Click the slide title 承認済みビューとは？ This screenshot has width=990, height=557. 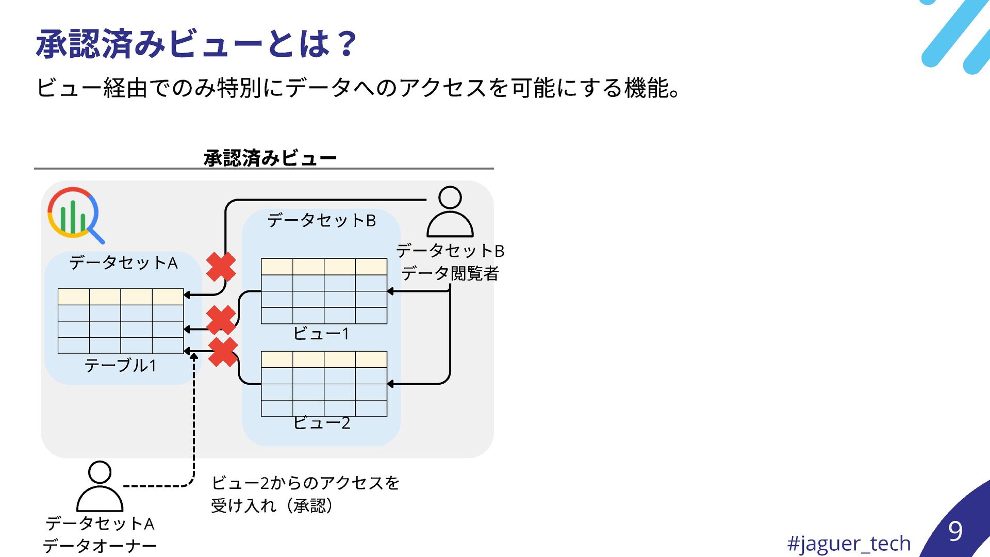[196, 44]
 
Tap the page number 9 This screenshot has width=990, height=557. [955, 531]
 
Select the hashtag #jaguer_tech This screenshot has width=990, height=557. [849, 543]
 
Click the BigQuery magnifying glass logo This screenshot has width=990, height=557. [75, 214]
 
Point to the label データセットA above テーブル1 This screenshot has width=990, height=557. [123, 263]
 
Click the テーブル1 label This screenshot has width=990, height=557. [120, 365]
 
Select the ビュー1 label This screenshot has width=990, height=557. [321, 334]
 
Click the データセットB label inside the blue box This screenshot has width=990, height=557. [321, 220]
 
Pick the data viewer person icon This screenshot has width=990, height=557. [450, 211]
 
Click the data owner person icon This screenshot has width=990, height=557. [100, 486]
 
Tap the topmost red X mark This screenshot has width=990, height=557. [221, 267]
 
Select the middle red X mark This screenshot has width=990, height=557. [221, 320]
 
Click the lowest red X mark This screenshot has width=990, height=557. [223, 352]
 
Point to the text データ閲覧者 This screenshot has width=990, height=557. [450, 273]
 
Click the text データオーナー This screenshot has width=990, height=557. [100, 546]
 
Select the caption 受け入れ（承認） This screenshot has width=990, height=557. [272, 505]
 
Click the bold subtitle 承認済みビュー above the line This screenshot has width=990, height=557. [270, 158]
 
